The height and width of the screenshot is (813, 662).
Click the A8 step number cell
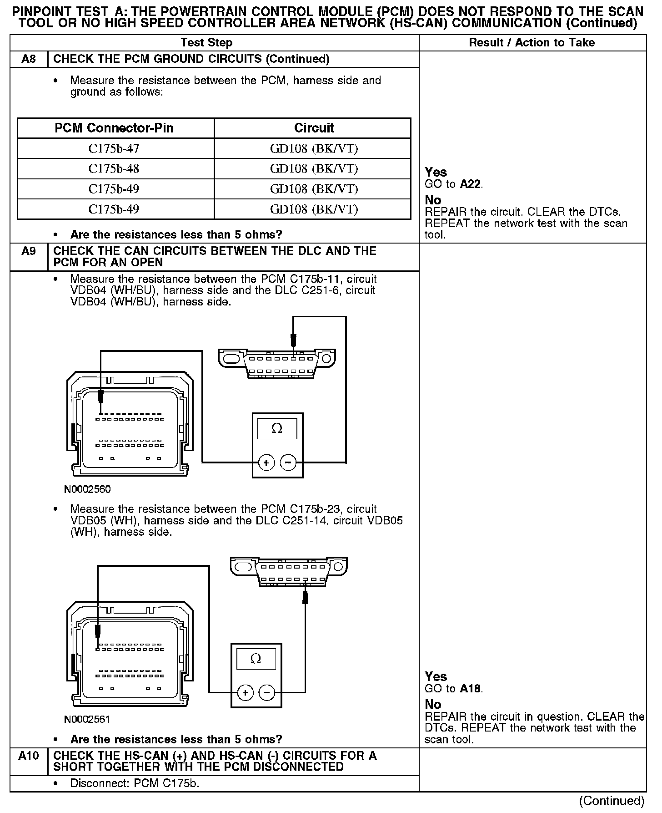click(29, 59)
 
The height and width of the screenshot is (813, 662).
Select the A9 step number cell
click(29, 251)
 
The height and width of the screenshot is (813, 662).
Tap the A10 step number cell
click(29, 756)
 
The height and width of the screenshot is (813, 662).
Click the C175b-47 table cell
click(114, 148)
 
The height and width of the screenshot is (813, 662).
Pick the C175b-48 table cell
click(114, 169)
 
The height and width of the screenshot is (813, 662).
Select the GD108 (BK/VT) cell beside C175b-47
click(314, 148)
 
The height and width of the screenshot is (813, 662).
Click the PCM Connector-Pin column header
click(114, 128)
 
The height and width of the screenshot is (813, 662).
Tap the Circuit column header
click(314, 128)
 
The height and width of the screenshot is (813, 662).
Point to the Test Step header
click(206, 43)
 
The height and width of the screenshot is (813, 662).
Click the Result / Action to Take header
click(532, 43)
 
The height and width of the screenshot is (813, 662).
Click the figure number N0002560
click(87, 489)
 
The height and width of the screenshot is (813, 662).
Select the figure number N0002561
click(87, 719)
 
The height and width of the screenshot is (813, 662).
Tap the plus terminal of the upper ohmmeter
click(266, 463)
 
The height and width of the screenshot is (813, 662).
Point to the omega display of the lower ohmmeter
click(256, 659)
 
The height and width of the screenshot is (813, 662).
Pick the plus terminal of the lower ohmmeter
click(245, 693)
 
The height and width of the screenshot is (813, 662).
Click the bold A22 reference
click(471, 184)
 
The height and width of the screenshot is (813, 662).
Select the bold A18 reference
click(470, 689)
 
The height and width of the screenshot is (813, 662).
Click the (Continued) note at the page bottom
click(612, 801)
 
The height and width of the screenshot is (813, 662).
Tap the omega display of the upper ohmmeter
click(277, 429)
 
